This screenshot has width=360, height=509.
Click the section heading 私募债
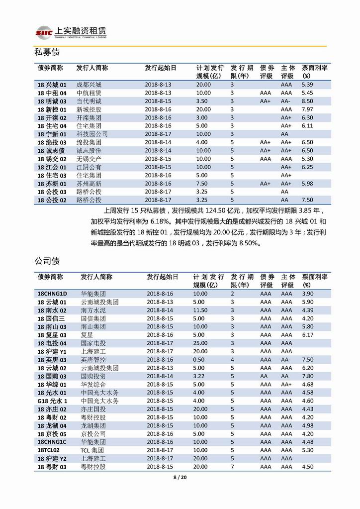(47, 52)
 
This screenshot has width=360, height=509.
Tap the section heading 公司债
(47, 261)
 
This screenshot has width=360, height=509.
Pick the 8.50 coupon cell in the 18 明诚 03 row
(308, 101)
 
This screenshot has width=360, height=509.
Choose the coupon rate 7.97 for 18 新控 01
(308, 109)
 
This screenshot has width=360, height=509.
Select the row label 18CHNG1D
(52, 294)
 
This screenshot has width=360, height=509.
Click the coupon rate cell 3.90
(308, 294)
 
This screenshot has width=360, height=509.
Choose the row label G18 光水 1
(52, 401)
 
